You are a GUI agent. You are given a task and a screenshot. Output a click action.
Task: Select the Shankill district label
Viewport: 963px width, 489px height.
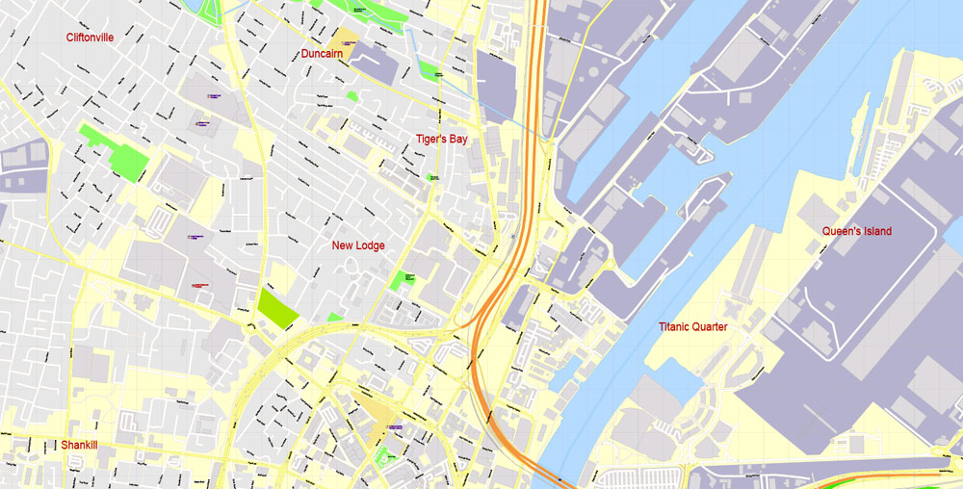point(80,446)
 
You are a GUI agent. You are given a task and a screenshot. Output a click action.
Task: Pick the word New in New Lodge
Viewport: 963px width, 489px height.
point(342,245)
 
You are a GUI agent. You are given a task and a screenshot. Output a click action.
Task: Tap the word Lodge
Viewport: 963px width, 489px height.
point(371,245)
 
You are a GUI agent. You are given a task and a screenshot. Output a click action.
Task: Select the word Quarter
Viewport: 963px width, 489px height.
point(711,327)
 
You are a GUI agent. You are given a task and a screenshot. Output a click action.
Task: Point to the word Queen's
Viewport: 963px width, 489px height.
point(840,231)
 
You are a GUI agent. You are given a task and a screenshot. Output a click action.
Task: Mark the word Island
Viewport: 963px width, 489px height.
point(876,231)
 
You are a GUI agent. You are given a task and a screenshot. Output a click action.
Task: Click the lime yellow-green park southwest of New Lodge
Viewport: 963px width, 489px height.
point(277,309)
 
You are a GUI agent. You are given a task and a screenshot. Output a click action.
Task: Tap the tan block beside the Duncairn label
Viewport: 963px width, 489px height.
point(345,39)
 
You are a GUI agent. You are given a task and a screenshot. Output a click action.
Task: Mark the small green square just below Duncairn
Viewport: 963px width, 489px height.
point(352,96)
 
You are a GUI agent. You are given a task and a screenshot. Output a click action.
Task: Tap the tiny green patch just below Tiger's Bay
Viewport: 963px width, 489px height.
point(432,177)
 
